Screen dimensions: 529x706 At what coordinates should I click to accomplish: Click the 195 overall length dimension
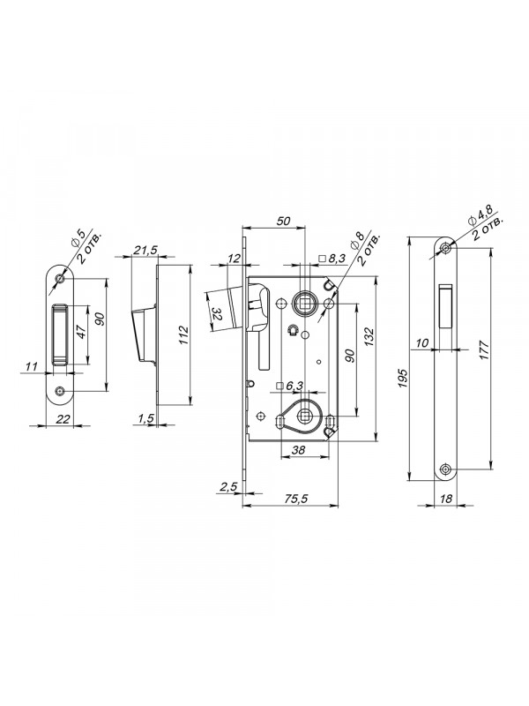click(403, 379)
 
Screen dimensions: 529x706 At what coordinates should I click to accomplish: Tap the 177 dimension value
click(484, 350)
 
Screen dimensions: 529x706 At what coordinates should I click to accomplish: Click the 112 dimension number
click(183, 335)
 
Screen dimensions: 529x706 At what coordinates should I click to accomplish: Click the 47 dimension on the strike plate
click(81, 333)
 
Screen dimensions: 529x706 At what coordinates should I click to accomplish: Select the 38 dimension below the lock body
click(298, 449)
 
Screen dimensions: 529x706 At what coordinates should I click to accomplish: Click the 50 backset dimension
click(283, 222)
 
